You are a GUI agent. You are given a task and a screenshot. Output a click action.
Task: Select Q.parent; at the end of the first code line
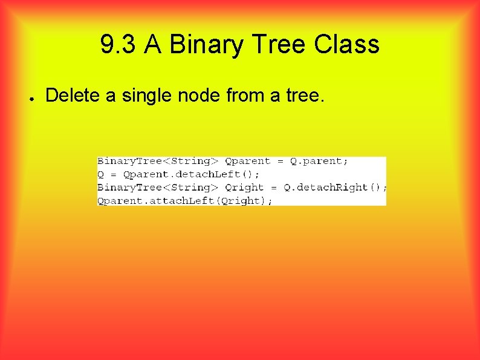coord(324,162)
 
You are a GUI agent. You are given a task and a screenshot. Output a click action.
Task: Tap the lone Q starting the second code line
coord(101,174)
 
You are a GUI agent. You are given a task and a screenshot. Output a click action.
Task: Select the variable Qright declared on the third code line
coord(244,188)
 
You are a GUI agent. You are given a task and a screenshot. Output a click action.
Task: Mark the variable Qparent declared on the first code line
coord(247,162)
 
